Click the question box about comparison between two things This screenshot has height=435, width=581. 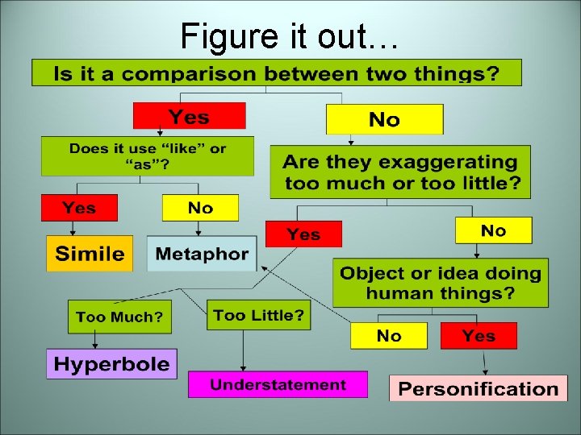pyautogui.click(x=277, y=72)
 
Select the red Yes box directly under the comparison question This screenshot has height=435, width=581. pyautogui.click(x=189, y=116)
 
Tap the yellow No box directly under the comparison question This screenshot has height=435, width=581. pyautogui.click(x=384, y=119)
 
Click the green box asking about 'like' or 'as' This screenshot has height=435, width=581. pyautogui.click(x=148, y=156)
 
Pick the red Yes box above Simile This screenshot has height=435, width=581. pyautogui.click(x=79, y=208)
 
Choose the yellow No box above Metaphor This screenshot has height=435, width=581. pyautogui.click(x=200, y=208)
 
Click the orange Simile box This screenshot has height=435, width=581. pyautogui.click(x=90, y=254)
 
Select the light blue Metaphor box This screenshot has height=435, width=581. pyautogui.click(x=202, y=254)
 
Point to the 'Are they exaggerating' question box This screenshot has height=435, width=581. pyautogui.click(x=400, y=172)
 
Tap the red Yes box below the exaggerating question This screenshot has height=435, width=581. pyautogui.click(x=303, y=234)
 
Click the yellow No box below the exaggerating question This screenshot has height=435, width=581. pyautogui.click(x=493, y=230)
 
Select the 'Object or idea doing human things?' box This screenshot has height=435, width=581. pyautogui.click(x=440, y=283)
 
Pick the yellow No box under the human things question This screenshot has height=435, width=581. pyautogui.click(x=389, y=335)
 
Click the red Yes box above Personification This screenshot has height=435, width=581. pyautogui.click(x=479, y=335)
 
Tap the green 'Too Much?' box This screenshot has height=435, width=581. pyautogui.click(x=119, y=317)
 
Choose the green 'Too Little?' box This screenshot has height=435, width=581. pyautogui.click(x=258, y=315)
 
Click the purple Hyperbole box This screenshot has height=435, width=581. pyautogui.click(x=111, y=363)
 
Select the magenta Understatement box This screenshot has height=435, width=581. pyautogui.click(x=278, y=384)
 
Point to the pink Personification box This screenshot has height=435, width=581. pyautogui.click(x=478, y=388)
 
